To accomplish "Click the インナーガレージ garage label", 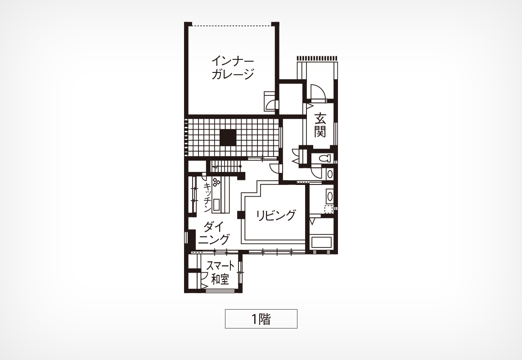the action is [x=233, y=67].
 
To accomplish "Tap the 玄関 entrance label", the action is [x=320, y=125].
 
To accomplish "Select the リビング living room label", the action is [x=276, y=216].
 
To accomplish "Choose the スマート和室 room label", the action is [x=220, y=272].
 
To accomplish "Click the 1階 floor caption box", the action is [x=261, y=319].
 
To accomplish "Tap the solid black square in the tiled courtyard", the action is [x=228, y=137].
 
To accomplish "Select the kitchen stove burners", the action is [x=216, y=181].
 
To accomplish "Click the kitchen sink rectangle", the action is [x=216, y=204].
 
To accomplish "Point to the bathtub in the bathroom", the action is [x=321, y=242].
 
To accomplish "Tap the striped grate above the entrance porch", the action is [x=318, y=58].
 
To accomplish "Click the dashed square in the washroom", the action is [x=329, y=209].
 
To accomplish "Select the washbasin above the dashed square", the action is [x=329, y=196].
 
